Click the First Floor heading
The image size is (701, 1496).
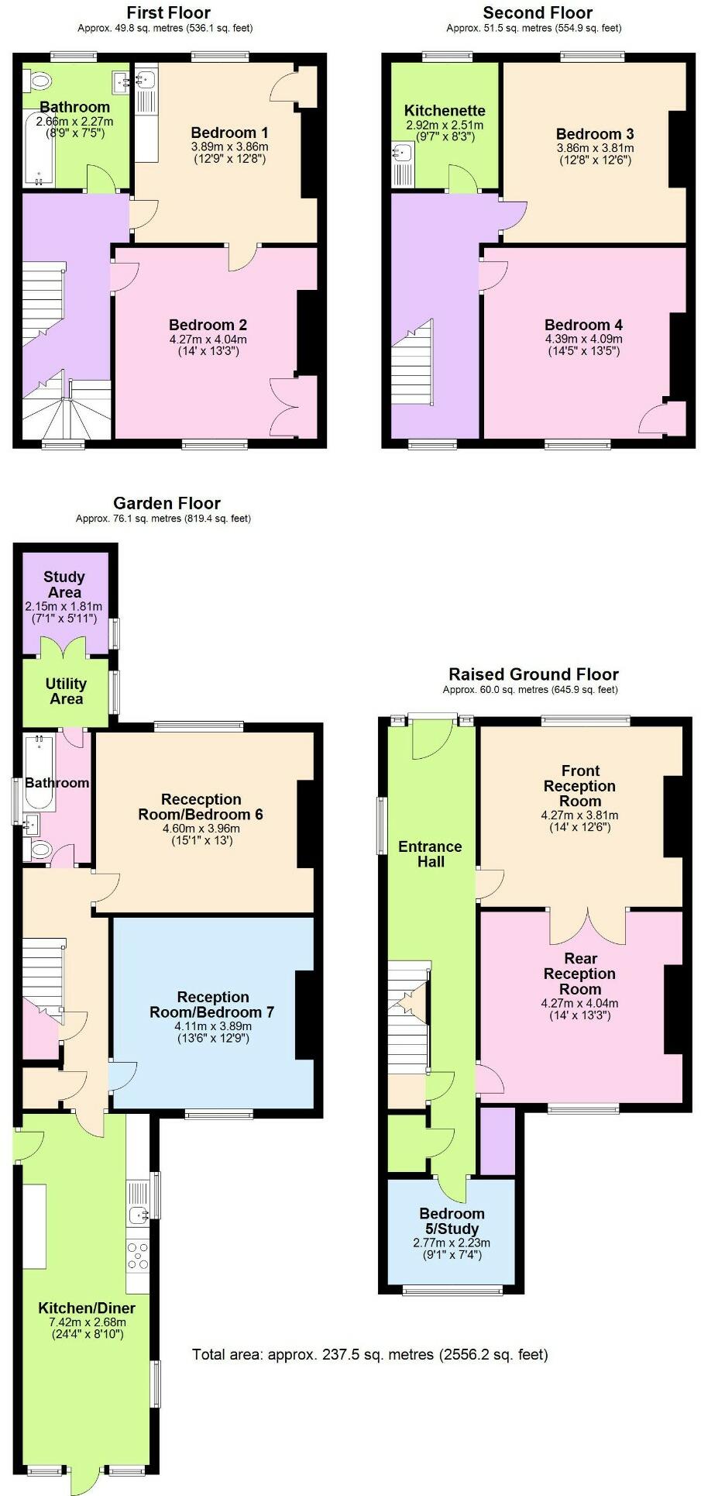point(168,12)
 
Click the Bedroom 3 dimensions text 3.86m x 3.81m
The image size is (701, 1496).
point(595,148)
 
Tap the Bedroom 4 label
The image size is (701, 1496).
point(583,325)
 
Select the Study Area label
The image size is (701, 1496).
point(64,584)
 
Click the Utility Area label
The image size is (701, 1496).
point(66,691)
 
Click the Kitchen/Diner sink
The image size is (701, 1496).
point(138,1215)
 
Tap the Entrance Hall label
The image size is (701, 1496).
point(430,853)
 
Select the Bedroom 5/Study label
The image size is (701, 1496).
point(452,1221)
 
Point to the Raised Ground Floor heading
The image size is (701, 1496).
point(534,674)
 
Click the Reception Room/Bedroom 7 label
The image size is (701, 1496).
point(212,1005)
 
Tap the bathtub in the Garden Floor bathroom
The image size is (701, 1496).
point(39,762)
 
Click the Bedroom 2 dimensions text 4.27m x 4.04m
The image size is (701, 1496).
point(208,339)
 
